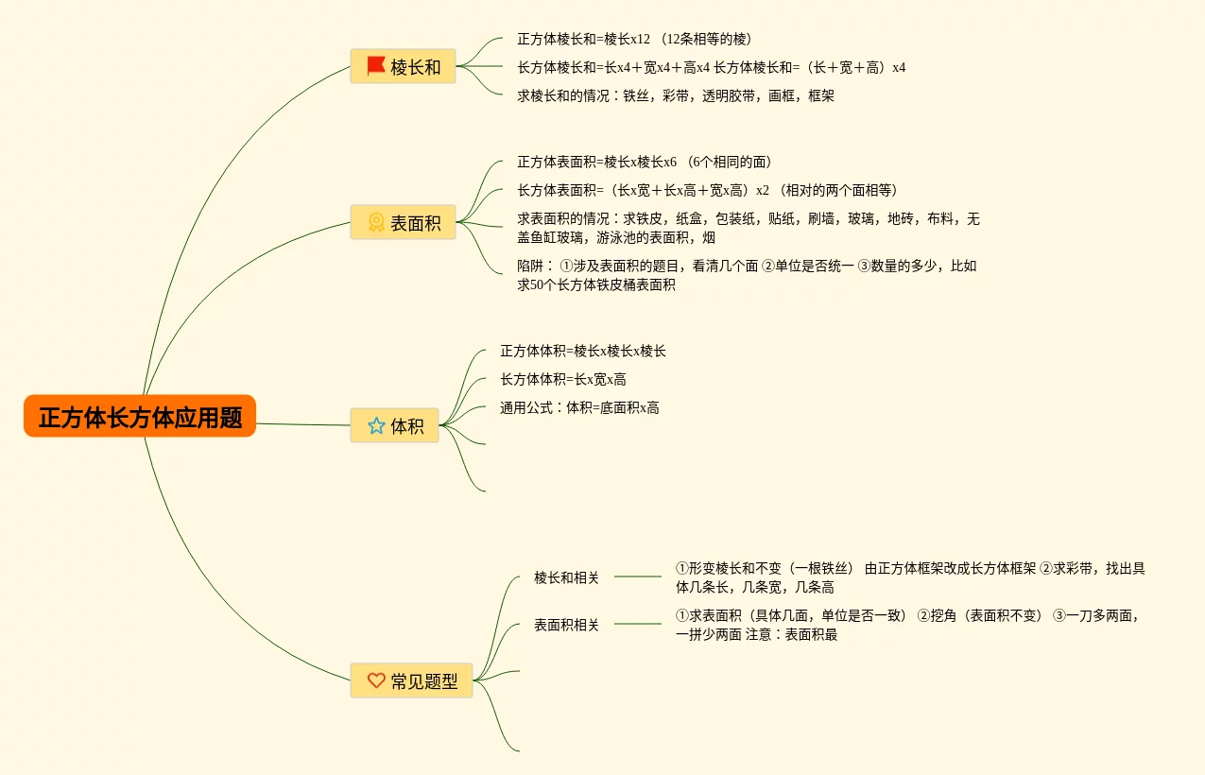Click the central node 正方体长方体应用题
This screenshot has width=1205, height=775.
140,417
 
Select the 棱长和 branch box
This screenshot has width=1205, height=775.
404,66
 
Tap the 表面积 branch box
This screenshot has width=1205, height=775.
404,223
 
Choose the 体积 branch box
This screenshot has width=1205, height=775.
395,425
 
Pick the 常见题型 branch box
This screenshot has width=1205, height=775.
411,680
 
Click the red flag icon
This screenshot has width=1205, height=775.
375,66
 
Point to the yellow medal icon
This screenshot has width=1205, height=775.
375,223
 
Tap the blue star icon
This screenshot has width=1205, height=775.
376,425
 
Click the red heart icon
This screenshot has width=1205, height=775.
376,680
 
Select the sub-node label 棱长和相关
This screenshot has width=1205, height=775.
566,577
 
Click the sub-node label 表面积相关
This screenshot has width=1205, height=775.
566,625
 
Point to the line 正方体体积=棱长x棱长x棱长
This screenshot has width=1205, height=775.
583,351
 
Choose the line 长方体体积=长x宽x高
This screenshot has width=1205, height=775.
563,379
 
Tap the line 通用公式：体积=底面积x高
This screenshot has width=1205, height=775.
579,407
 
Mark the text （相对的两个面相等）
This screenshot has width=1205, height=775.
835,190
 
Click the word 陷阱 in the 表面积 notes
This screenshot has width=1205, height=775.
530,266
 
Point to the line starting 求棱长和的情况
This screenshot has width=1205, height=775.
675,95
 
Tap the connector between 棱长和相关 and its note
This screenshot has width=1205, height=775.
638,577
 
